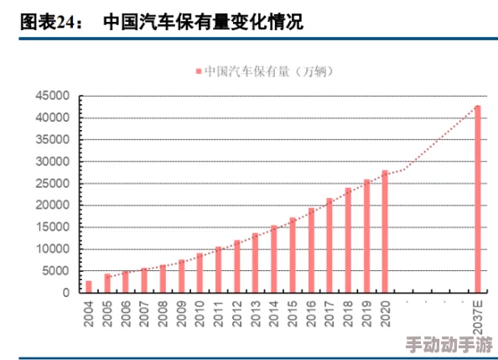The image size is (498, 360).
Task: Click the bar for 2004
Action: coord(89,287)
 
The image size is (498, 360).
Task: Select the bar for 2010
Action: coord(200,273)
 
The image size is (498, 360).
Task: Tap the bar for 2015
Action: coord(293,255)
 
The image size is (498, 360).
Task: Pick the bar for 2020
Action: coord(385,232)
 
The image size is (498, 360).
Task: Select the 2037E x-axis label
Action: coord(478,316)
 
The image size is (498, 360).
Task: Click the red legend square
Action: coord(199,72)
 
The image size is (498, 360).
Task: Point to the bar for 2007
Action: coord(144,280)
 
